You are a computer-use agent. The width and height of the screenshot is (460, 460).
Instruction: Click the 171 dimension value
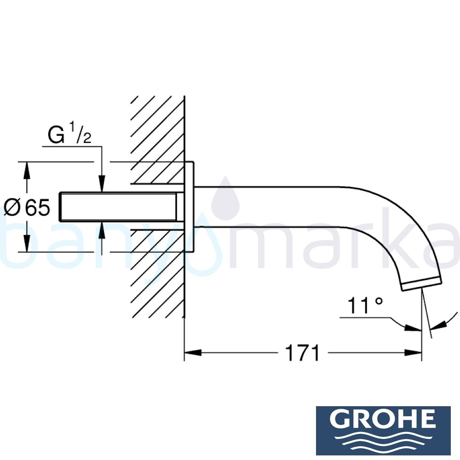[x=302, y=353]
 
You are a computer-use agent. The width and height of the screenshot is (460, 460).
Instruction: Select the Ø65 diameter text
[x=27, y=208]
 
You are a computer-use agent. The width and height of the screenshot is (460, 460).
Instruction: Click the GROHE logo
[x=383, y=430]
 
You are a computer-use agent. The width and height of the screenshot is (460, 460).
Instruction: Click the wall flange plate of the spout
[x=189, y=207]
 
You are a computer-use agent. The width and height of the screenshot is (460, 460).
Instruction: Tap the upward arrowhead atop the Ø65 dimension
[x=27, y=171]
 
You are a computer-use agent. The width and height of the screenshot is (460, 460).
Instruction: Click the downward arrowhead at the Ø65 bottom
[x=27, y=243]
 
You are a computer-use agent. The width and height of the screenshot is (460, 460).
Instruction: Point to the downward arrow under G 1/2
[x=102, y=183]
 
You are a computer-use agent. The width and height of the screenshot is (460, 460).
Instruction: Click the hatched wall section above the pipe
[x=156, y=133]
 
